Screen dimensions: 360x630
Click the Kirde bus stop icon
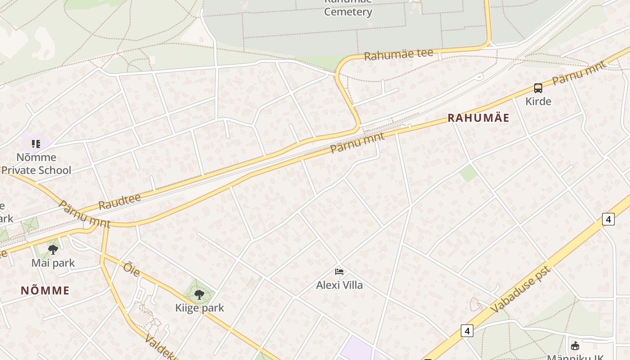click(538, 88)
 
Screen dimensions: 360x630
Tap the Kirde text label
click(538, 101)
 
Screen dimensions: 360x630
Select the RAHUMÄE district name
click(478, 118)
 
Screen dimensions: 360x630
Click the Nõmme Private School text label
click(36, 164)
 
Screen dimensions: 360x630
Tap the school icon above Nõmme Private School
click(36, 144)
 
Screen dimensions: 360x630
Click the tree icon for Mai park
click(53, 249)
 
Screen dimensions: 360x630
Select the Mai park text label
click(53, 263)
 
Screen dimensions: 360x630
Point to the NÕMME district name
click(45, 290)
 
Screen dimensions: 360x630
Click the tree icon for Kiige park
click(199, 295)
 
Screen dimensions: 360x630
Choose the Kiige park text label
click(199, 308)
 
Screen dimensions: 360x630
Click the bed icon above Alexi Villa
click(339, 271)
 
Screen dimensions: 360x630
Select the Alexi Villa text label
click(339, 285)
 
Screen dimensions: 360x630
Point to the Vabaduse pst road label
click(521, 289)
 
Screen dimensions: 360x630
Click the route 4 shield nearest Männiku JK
click(467, 331)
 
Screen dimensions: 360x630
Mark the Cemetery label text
click(348, 11)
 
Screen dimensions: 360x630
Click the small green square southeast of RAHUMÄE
click(468, 173)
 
